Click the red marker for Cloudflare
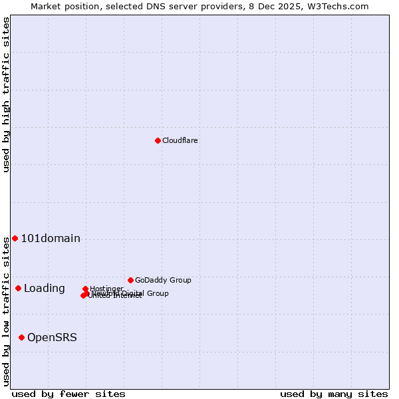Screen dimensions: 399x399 158,140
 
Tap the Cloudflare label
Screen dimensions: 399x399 180,140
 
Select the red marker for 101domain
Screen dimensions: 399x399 15,238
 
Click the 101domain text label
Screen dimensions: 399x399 51,238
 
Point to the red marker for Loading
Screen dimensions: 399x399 18,288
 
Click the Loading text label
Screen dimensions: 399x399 45,288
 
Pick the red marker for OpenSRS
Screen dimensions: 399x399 21,337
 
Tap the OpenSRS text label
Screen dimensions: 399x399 52,337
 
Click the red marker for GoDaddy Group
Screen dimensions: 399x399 130,280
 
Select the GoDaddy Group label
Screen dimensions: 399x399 163,280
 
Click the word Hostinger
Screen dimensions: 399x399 106,289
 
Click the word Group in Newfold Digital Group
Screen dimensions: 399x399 157,293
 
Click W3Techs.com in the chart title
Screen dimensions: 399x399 342,6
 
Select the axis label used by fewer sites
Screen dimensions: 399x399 68,394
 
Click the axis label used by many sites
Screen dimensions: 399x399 334,394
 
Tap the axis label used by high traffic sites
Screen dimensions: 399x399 6,94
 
